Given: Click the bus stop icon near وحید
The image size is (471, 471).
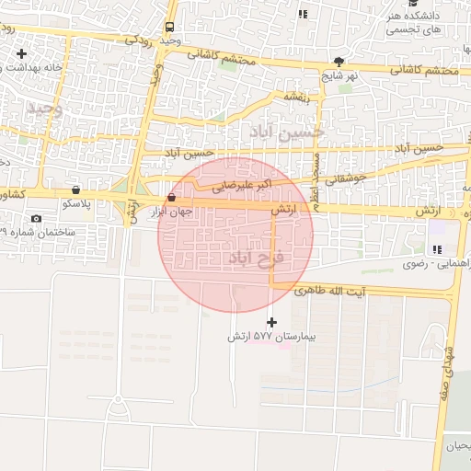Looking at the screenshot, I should pos(170,28).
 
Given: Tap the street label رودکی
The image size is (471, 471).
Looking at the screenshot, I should pos(136,40).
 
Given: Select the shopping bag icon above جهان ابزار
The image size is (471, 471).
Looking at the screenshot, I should pos(172,199).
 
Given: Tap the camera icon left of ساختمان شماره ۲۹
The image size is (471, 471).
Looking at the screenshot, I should pos(36,218).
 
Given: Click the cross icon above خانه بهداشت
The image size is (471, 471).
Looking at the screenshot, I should pos(21,54).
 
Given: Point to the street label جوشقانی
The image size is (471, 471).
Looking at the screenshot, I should pos(347,177).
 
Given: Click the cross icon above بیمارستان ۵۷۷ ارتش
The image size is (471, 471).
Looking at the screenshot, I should pos(270,322).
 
